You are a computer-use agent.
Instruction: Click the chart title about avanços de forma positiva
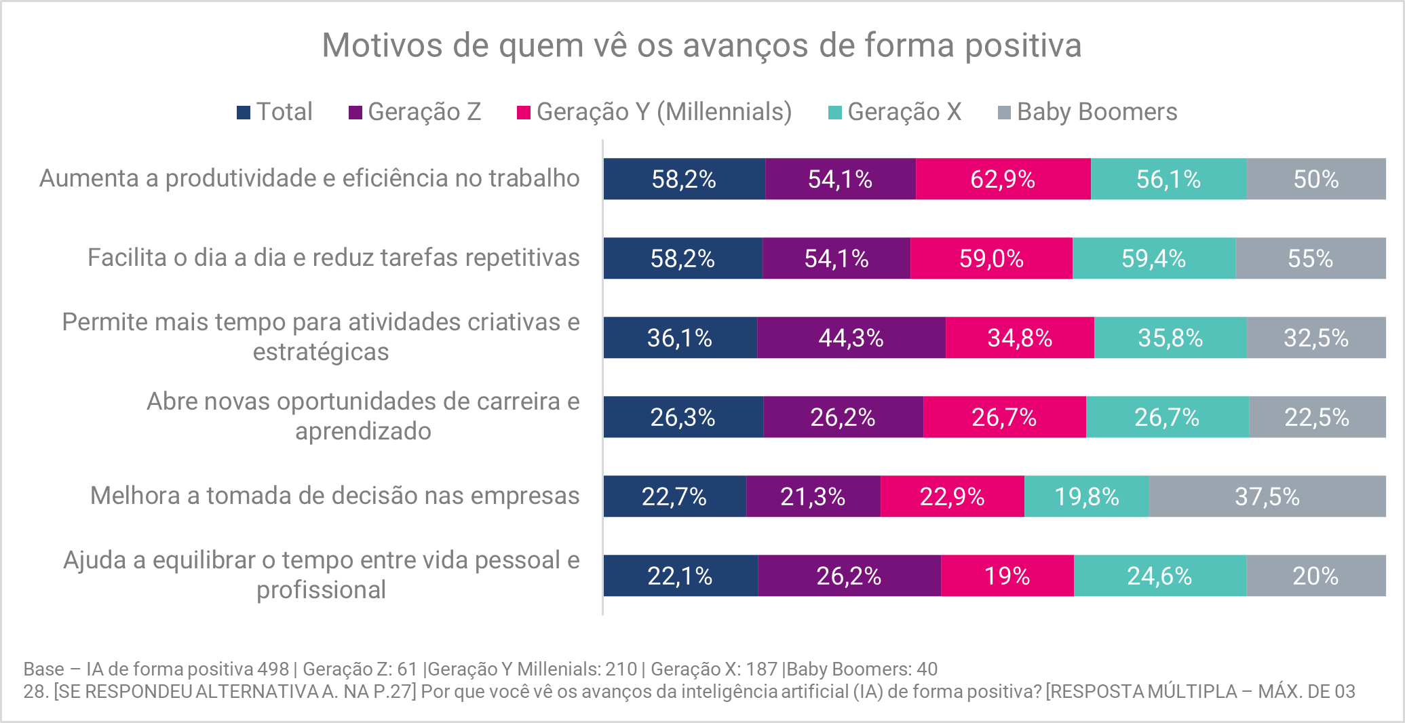pos(701,45)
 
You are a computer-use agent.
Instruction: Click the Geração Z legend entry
pos(415,112)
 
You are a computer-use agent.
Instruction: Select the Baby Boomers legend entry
pos(1088,112)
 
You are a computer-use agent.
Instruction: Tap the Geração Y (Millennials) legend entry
pos(655,112)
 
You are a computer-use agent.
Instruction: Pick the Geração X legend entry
pos(895,112)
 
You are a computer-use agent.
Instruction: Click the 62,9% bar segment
pos(1003,179)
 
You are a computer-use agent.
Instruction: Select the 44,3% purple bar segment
pos(851,338)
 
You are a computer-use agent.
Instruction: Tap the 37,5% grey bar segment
pos(1267,496)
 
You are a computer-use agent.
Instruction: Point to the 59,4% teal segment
pos(1153,258)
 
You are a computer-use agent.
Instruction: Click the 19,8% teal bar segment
pos(1086,496)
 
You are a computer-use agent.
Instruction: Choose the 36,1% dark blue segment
pos(679,338)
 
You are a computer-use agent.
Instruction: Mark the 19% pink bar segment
pos(1007,576)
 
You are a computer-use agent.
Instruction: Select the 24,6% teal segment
pos(1159,576)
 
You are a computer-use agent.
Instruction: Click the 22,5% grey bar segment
pos(1316,417)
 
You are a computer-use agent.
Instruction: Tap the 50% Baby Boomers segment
pos(1315,179)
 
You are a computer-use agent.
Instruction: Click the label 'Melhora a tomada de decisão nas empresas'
pos(334,496)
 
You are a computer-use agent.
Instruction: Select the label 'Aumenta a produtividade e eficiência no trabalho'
pos(309,178)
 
